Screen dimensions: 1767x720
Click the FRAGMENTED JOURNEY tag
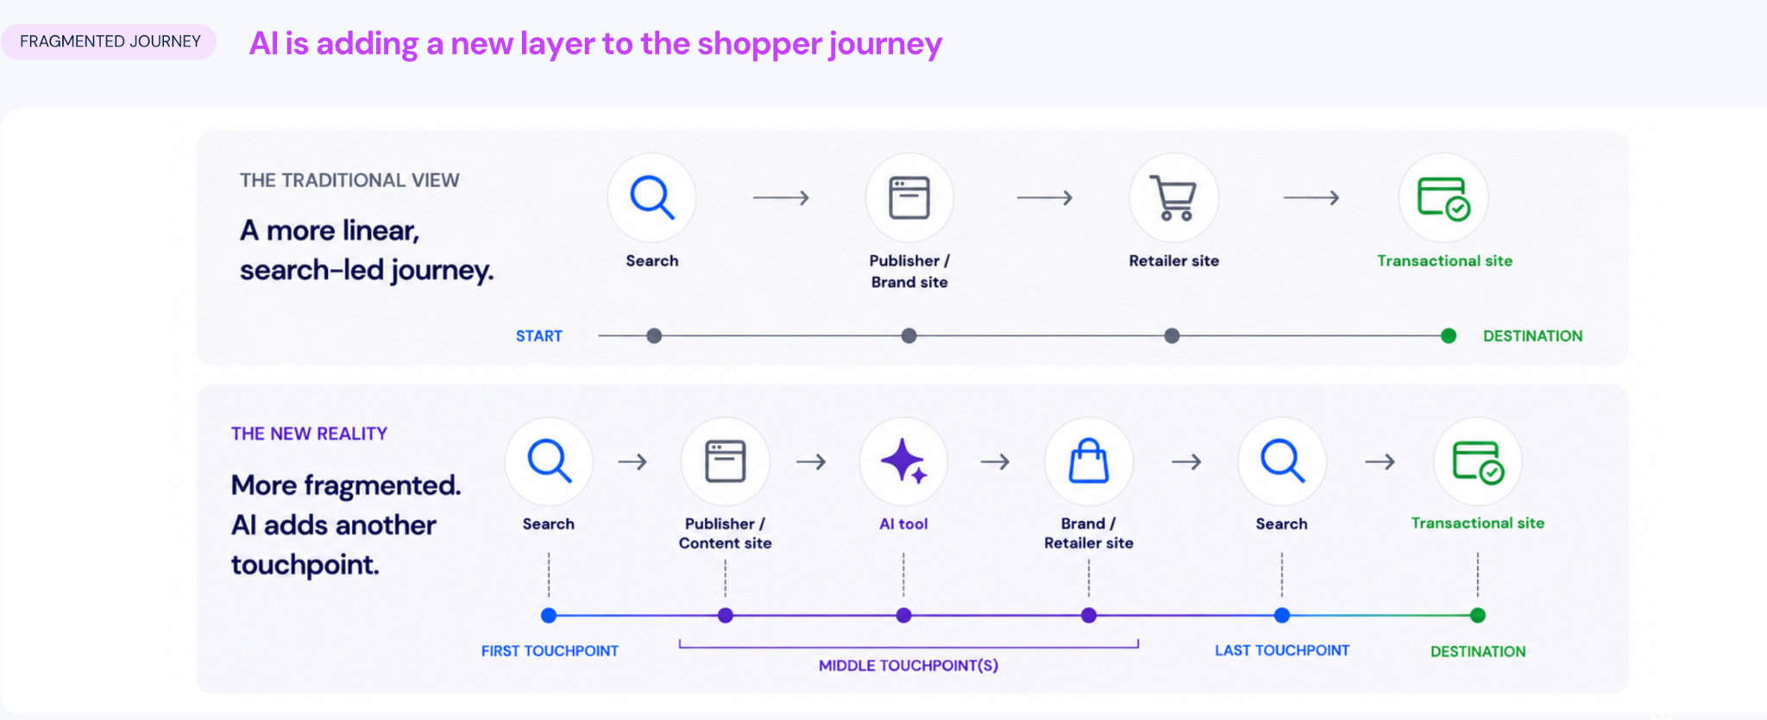point(110,41)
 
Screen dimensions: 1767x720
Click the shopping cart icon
point(1173,198)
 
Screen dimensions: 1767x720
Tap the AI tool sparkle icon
point(903,461)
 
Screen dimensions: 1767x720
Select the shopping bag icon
point(1089,460)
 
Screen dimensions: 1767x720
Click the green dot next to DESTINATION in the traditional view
point(1449,335)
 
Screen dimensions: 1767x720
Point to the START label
point(539,336)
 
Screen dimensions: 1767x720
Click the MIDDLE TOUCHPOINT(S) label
point(909,666)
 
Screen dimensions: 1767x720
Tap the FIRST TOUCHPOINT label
point(550,651)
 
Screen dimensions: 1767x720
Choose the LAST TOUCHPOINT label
point(1282,650)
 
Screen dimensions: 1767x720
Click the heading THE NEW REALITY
point(309,434)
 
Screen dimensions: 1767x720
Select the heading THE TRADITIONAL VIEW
point(349,180)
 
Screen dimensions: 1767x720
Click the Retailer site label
point(1174,260)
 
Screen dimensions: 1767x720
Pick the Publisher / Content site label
point(725,533)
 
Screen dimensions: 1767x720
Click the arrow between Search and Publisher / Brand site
point(781,198)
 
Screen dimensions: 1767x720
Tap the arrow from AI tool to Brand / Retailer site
point(995,462)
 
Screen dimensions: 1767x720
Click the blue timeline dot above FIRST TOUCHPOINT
point(549,616)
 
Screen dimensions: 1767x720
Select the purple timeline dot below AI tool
point(903,616)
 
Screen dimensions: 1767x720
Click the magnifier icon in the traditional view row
point(651,198)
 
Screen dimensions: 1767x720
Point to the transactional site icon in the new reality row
point(1478,461)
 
